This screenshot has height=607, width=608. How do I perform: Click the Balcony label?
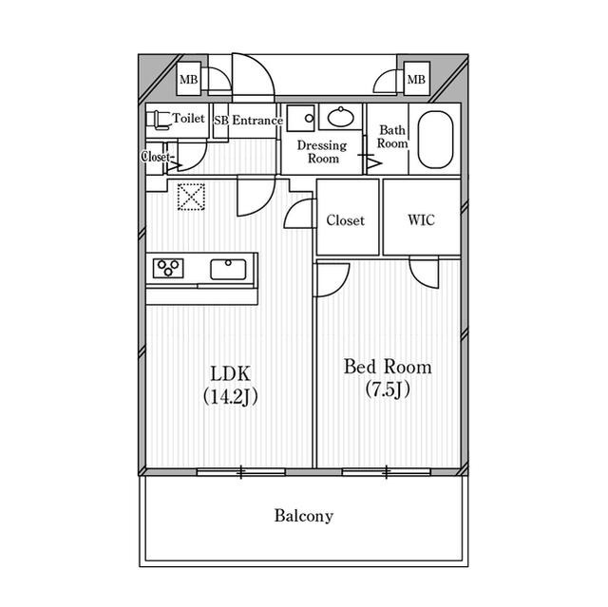coord(304,516)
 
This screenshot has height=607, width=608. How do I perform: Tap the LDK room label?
coord(230,374)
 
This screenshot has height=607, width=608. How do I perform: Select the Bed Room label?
coord(388,367)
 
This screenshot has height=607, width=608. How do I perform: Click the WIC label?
coord(421,220)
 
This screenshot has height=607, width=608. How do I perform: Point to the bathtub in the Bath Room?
coord(435,140)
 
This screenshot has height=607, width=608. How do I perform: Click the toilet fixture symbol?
coord(159,120)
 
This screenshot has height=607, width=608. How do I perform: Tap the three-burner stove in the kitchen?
coord(168,268)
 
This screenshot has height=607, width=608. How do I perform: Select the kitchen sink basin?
coord(228,269)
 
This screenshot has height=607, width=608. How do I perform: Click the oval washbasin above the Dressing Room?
coord(340,116)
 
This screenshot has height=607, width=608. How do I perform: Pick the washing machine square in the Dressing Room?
coord(300,118)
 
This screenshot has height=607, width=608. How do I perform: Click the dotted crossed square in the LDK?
coord(191,197)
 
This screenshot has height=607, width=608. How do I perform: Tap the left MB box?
coord(189,79)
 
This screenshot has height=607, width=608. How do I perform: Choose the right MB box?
coord(416,79)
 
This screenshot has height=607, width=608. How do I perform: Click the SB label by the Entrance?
coord(221,121)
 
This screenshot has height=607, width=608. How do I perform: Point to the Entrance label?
coord(257,120)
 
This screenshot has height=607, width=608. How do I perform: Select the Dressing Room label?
coord(322,152)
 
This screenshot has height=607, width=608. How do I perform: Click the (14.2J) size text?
coord(230,396)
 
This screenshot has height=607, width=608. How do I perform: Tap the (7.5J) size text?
coord(388,389)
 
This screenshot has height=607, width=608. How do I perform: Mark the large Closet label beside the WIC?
coord(345,220)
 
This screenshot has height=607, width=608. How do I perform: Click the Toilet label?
coord(188,118)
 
